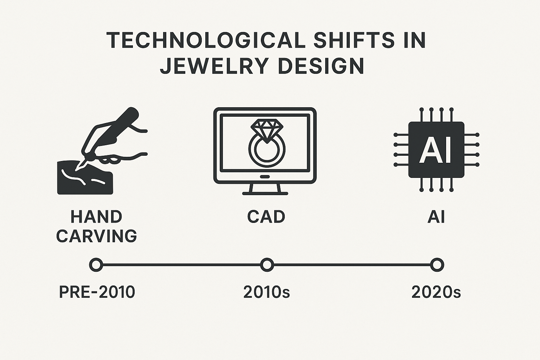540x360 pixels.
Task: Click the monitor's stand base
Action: click(265, 193)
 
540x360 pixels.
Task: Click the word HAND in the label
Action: click(96, 217)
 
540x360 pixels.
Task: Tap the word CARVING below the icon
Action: click(96, 236)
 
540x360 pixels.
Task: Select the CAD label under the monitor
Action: click(266, 217)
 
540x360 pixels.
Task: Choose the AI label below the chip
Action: click(436, 217)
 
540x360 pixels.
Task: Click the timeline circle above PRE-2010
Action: click(96, 264)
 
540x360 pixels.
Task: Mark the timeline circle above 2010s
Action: click(267, 264)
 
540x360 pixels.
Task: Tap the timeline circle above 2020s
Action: click(437, 264)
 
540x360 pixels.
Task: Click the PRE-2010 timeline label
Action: click(97, 292)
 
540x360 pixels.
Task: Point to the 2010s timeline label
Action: click(266, 292)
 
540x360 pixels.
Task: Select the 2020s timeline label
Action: click(436, 292)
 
